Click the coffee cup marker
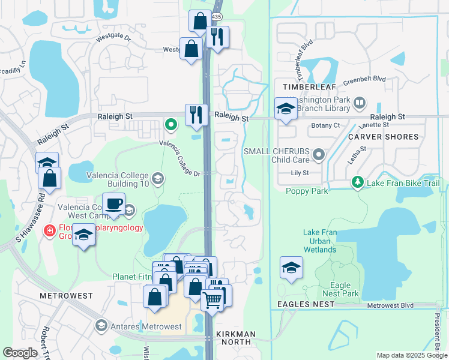point(114,203)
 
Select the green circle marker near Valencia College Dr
point(171,125)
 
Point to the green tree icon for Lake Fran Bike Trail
point(358,181)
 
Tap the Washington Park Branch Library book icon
point(359,103)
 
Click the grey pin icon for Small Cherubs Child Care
point(319,155)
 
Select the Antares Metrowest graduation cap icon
point(101,326)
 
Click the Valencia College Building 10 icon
point(157,178)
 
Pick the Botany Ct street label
point(326,125)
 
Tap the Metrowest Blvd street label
point(390,305)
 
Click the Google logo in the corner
point(20,353)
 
